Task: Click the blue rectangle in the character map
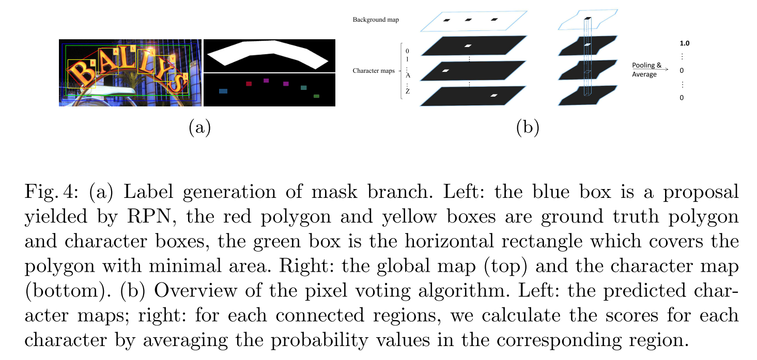coord(223,91)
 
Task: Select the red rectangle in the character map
coord(249,83)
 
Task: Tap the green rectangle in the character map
coord(316,96)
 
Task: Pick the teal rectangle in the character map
coord(304,88)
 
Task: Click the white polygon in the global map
coord(269,52)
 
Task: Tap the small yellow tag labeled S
coord(186,76)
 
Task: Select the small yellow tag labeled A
coord(116,52)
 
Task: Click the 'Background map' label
coord(376,20)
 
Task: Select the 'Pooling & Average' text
coord(647,70)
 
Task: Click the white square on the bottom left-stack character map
coord(494,95)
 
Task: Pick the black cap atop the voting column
coord(587,19)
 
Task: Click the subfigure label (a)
coord(199,127)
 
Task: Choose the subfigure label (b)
coord(528,127)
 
